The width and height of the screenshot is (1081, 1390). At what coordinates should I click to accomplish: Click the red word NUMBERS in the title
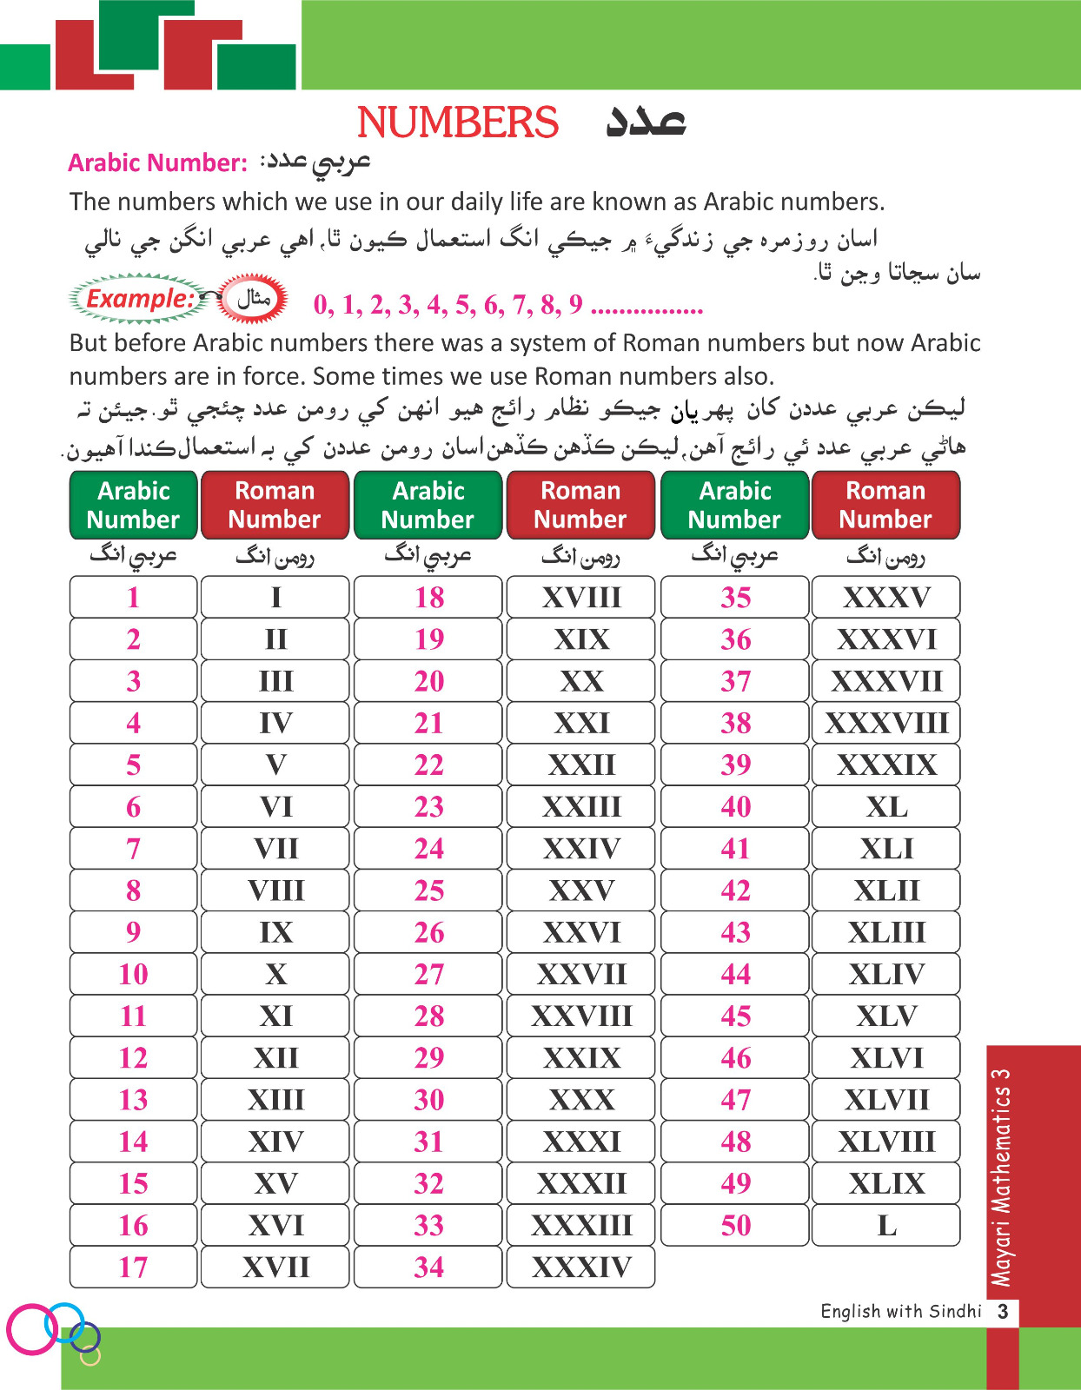(457, 122)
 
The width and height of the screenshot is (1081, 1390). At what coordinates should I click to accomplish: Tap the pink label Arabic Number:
(157, 163)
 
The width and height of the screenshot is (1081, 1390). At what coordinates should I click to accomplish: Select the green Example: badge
(139, 299)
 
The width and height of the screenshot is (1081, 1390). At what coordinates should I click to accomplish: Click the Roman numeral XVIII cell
(580, 598)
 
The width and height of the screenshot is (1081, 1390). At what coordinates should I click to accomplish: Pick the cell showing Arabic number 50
(735, 1225)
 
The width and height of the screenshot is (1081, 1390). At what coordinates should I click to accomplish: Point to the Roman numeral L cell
(885, 1225)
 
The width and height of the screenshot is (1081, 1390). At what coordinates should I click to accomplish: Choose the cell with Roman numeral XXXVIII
(885, 723)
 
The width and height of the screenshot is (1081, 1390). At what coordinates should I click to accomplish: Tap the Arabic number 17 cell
(133, 1267)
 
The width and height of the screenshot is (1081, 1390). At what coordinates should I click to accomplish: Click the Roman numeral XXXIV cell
(580, 1267)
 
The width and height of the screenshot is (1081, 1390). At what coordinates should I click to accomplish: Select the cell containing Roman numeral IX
(275, 932)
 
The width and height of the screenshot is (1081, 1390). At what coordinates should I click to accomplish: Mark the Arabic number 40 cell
(735, 806)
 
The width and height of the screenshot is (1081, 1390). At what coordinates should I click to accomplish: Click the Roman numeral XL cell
(885, 806)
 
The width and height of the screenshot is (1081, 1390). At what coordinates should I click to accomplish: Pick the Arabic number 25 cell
(428, 890)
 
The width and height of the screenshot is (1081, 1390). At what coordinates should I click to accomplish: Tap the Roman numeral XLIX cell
(885, 1183)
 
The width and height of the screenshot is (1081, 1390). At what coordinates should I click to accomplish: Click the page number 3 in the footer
(1003, 1311)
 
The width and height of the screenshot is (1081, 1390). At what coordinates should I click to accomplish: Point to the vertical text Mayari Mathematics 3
(1002, 1177)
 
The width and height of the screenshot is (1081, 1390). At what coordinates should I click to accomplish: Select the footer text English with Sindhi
(900, 1311)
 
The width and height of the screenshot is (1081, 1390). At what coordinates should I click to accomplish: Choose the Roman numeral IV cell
(275, 723)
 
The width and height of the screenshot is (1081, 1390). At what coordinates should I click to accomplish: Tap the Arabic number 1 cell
(133, 598)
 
